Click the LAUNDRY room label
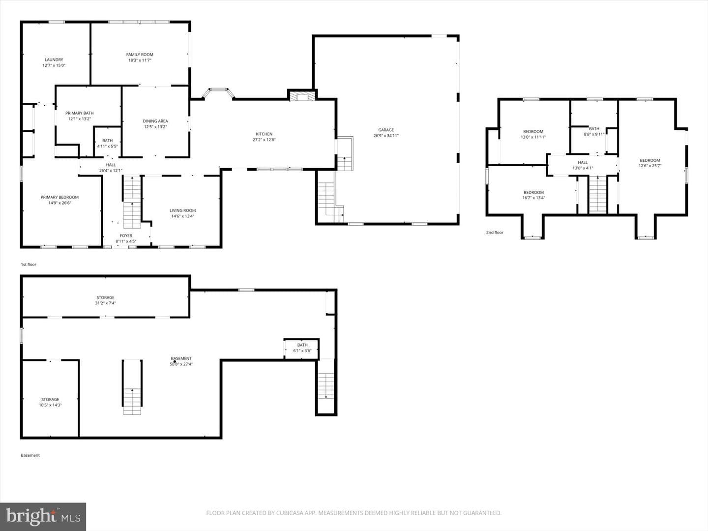pyautogui.click(x=54, y=59)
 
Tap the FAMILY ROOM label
pyautogui.click(x=140, y=55)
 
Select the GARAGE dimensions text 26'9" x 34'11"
pyautogui.click(x=386, y=136)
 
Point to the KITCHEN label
pyautogui.click(x=264, y=134)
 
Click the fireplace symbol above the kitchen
pyautogui.click(x=302, y=96)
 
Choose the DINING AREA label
pyautogui.click(x=155, y=121)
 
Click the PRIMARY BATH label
pyautogui.click(x=79, y=113)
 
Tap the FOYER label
pyautogui.click(x=126, y=236)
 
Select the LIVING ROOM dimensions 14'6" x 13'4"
pyautogui.click(x=182, y=216)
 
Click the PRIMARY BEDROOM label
pyautogui.click(x=59, y=197)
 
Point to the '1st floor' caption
pyautogui.click(x=29, y=265)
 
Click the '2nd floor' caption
pyautogui.click(x=495, y=233)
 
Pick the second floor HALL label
pyautogui.click(x=583, y=162)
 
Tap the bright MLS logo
pyautogui.click(x=43, y=516)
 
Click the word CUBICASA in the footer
pyautogui.click(x=290, y=513)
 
